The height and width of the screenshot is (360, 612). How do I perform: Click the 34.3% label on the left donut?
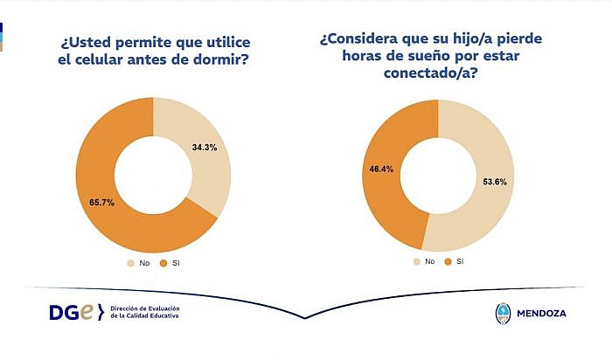tap(205, 148)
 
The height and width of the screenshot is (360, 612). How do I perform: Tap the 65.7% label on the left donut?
tap(102, 203)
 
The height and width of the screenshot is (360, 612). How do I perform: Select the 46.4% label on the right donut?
tap(381, 169)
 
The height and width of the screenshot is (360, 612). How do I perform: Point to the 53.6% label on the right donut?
tap(495, 182)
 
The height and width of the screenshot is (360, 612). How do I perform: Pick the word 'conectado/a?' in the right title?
tap(430, 73)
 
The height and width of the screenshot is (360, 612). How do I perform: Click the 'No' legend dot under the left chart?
tap(131, 263)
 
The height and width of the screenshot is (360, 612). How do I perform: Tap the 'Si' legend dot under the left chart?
tap(163, 263)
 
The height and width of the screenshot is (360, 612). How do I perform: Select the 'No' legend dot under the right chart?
tap(417, 262)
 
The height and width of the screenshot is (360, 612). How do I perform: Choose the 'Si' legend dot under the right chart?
tap(448, 262)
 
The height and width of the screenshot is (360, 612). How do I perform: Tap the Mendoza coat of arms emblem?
tap(503, 314)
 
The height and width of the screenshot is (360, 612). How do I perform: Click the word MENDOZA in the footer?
tap(541, 313)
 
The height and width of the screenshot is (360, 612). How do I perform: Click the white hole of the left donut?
tap(153, 175)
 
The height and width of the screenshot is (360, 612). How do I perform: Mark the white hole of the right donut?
tap(438, 176)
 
